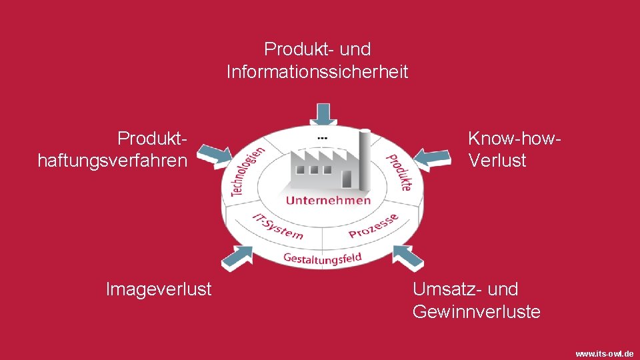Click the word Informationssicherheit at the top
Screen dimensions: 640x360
pos(317,71)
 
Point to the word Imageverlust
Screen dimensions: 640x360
pos(159,289)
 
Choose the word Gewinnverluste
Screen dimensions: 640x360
pos(476,311)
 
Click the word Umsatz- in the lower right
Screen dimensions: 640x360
pos(448,289)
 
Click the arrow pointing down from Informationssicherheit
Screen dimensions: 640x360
pos(323,113)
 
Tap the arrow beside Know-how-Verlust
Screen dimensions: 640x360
pos(433,157)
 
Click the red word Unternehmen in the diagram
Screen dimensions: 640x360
pos(328,200)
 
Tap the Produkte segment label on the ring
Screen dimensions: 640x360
pos(399,172)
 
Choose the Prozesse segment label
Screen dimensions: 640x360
pos(374,226)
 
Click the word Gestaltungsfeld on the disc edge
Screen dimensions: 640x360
pos(322,257)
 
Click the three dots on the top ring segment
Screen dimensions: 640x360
pos(323,137)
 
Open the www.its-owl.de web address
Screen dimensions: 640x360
pos(604,353)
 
